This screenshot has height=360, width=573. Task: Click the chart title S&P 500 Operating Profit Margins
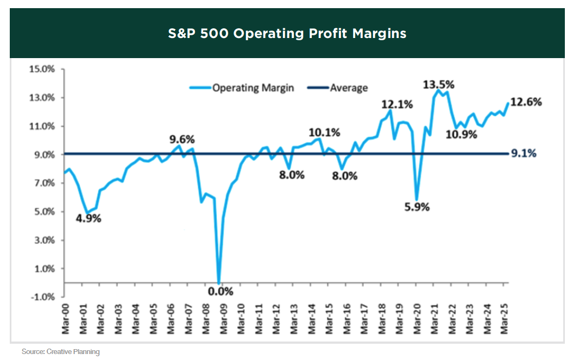click(287, 34)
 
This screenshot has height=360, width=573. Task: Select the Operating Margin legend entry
click(253, 88)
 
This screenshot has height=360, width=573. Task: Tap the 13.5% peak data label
click(439, 85)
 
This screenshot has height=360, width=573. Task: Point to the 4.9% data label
click(88, 219)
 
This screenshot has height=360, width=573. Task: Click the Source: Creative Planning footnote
click(61, 352)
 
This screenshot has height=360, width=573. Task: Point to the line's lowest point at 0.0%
click(219, 282)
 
